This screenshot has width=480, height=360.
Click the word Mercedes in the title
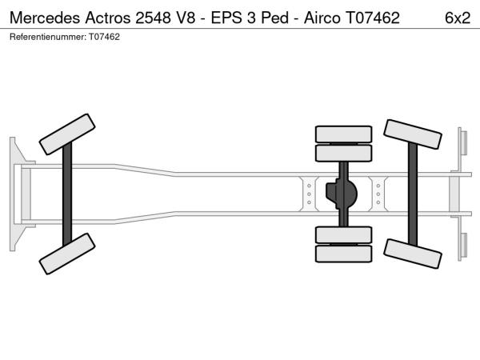click(x=45, y=18)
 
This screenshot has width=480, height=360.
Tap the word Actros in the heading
click(x=108, y=18)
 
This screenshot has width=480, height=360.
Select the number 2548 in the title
click(x=153, y=18)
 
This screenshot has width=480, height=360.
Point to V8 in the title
click(x=186, y=18)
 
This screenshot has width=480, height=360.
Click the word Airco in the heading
click(x=322, y=18)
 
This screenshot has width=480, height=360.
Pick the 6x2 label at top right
click(x=458, y=18)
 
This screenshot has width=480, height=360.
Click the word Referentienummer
click(x=48, y=37)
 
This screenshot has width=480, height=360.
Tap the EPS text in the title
click(x=226, y=18)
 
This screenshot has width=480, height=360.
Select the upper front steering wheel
click(x=67, y=134)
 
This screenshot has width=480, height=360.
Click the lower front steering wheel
click(x=67, y=254)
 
